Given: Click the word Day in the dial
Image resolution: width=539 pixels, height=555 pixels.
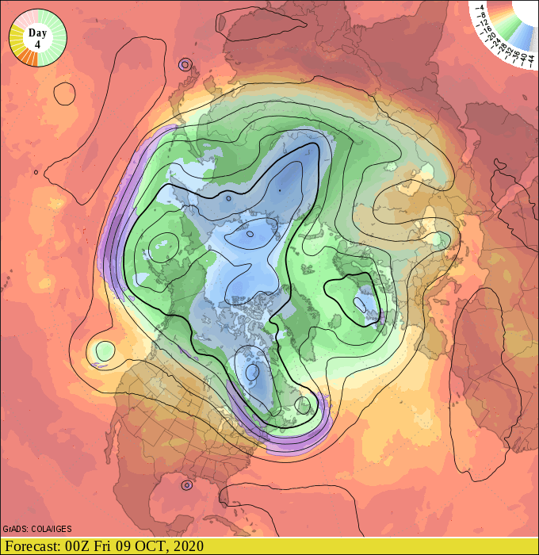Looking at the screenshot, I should point(36,33).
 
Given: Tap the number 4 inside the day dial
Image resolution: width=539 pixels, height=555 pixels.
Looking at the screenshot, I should point(36,44).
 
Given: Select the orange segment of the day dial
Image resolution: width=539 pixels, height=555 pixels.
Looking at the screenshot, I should point(28,58).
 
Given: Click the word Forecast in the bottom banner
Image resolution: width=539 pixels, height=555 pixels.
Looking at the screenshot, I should point(32,546).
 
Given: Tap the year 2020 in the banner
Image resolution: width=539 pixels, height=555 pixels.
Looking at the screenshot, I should point(187,546).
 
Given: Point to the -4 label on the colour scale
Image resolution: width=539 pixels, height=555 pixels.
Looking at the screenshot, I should point(481,9).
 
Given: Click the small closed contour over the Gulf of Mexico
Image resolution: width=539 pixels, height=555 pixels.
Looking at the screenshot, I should point(187,484).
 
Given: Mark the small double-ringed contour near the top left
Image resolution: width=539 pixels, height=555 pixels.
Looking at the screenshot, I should point(185,65).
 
